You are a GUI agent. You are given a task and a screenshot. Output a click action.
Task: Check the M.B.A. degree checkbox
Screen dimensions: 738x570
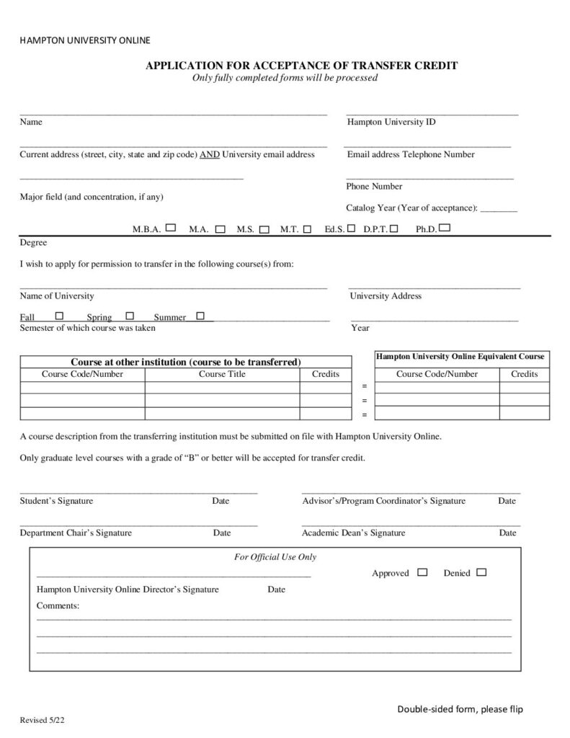click(171, 228)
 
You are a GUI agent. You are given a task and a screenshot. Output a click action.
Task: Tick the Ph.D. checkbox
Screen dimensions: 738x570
click(445, 228)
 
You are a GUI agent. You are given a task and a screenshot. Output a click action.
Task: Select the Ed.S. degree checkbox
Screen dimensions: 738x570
click(351, 228)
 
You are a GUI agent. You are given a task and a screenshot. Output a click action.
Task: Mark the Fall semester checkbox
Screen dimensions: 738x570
click(59, 316)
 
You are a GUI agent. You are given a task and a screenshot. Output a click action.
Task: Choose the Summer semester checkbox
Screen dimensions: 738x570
click(200, 316)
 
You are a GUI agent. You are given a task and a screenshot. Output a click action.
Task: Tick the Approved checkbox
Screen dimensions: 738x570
click(422, 572)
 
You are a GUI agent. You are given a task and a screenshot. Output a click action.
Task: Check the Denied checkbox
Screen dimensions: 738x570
click(481, 572)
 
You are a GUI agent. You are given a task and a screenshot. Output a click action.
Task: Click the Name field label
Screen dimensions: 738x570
click(31, 122)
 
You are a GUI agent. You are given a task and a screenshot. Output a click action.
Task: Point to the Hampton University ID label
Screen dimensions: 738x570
click(391, 122)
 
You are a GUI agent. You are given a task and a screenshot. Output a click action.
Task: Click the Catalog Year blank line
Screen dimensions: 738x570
click(499, 208)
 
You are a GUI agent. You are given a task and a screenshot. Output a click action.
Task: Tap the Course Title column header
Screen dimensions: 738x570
click(222, 374)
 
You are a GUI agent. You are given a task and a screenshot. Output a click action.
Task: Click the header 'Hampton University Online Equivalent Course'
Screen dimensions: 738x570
click(460, 357)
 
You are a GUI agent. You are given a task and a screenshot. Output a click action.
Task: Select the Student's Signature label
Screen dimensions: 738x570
click(56, 501)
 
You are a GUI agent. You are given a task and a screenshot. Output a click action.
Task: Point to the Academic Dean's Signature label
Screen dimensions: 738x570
click(353, 533)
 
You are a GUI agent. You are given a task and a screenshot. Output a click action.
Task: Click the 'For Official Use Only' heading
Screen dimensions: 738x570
click(275, 557)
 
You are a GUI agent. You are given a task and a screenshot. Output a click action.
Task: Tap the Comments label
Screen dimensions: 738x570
click(58, 606)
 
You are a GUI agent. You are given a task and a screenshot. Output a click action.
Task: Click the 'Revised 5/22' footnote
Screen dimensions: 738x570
click(45, 720)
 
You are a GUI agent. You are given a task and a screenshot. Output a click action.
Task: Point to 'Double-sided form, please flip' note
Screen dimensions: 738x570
click(460, 710)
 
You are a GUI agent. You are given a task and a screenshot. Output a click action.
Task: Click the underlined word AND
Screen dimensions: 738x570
click(210, 154)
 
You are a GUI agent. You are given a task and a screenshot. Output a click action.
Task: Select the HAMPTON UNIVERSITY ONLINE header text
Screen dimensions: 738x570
click(85, 40)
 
